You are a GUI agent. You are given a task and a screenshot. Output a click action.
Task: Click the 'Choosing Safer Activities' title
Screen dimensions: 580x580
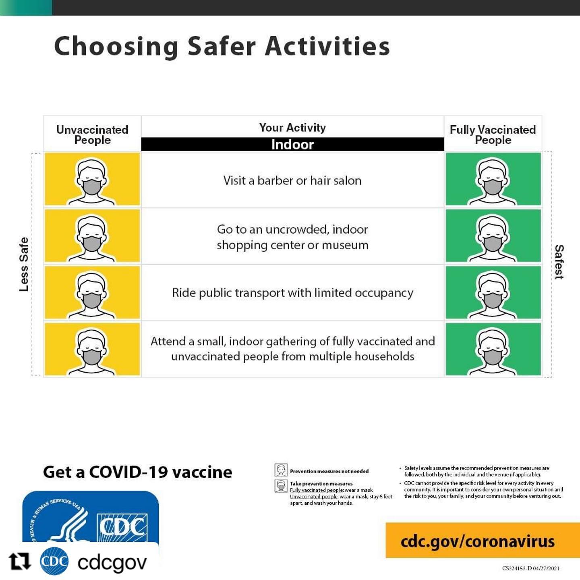[222, 46]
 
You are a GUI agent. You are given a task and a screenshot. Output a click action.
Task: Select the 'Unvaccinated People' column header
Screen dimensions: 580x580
[92, 135]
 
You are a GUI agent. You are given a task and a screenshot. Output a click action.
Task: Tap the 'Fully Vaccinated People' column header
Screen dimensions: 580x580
[493, 135]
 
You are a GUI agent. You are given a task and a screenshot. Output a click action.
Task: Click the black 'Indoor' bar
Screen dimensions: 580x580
[292, 144]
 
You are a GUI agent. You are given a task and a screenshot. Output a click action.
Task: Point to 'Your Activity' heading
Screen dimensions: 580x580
[292, 128]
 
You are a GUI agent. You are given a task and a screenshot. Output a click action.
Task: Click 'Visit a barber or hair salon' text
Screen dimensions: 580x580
[292, 180]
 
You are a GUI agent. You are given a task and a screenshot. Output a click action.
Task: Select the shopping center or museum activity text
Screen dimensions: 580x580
[292, 237]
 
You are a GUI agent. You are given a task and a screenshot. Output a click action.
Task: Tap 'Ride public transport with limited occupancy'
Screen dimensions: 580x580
[292, 293]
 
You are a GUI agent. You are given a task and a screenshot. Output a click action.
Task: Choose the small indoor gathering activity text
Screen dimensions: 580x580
[292, 349]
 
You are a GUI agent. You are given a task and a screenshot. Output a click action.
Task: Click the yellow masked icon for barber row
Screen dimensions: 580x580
[92, 180]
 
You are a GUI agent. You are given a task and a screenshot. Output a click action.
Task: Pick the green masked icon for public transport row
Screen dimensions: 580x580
[493, 293]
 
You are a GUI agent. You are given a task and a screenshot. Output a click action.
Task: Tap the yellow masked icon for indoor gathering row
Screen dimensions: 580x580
[92, 349]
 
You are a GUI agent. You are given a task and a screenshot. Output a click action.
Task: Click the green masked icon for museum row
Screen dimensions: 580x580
[493, 236]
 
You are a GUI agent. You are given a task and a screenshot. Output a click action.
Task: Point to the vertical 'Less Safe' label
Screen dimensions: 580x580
[24, 264]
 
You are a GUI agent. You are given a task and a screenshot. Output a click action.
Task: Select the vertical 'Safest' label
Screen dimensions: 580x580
[559, 262]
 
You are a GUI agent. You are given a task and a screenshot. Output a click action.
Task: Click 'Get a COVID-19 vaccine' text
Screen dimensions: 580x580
[137, 472]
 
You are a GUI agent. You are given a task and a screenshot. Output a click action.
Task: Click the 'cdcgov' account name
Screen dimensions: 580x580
[112, 562]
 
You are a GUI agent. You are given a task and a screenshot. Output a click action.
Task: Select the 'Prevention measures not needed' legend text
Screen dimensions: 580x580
[329, 471]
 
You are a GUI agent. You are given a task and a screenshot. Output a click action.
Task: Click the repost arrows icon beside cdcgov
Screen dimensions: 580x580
[20, 561]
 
